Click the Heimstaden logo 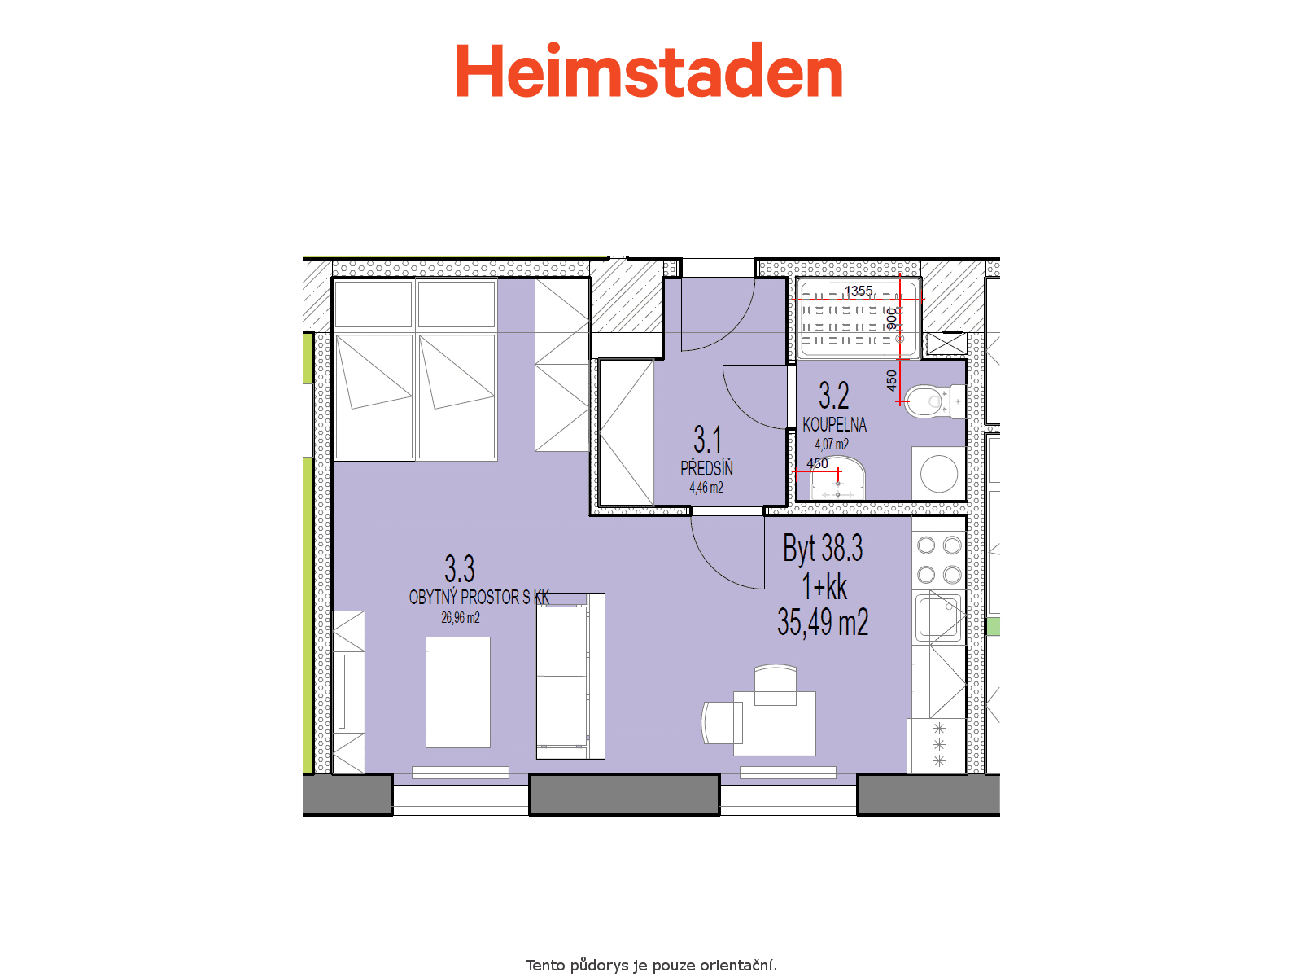(x=649, y=70)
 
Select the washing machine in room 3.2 (x=937, y=473)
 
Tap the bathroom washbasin (x=837, y=478)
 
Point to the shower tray (x=858, y=318)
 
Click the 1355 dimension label (x=859, y=291)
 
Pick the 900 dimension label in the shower (x=892, y=318)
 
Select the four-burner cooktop (x=939, y=560)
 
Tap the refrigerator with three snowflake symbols (x=937, y=745)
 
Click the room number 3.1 (x=707, y=440)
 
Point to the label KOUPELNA (x=834, y=425)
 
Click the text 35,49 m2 (x=823, y=622)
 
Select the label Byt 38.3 (x=823, y=548)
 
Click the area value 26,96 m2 (x=461, y=617)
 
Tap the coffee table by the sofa (x=458, y=692)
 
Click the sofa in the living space (x=570, y=677)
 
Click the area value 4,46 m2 (x=706, y=488)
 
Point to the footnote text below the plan (x=651, y=965)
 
